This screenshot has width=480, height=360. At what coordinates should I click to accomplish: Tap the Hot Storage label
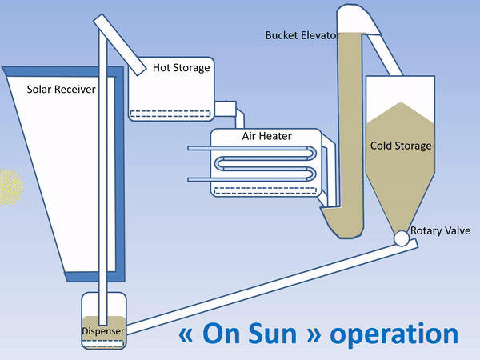[182, 68]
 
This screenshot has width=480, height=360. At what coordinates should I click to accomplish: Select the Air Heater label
[266, 136]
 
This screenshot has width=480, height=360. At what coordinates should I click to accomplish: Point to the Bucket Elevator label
[302, 35]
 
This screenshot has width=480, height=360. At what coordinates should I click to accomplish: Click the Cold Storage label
[401, 146]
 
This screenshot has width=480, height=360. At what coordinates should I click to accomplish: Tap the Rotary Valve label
[438, 231]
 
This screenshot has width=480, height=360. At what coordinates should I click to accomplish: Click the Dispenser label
[104, 330]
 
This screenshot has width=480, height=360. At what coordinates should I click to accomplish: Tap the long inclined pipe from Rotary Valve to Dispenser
[264, 288]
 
